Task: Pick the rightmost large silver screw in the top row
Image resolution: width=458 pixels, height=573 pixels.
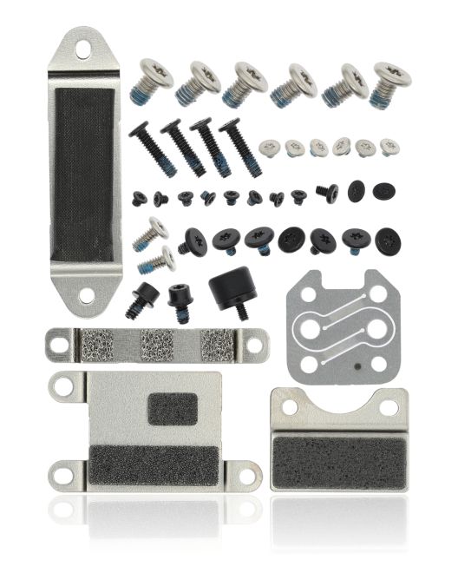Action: pos(389,80)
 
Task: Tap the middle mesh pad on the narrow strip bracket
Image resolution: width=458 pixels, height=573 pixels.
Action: pos(157,346)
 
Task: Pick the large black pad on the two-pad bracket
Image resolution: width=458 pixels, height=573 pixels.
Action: pos(156,464)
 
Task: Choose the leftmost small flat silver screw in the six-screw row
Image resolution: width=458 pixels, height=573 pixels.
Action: pos(271,148)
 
